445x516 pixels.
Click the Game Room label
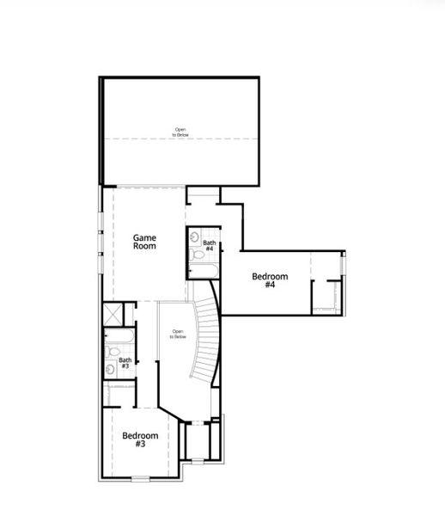pyautogui.click(x=145, y=241)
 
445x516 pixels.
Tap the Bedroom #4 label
pyautogui.click(x=269, y=280)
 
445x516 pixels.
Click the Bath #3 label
pyautogui.click(x=125, y=364)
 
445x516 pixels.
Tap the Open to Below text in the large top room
pyautogui.click(x=180, y=132)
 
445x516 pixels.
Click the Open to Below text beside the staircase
pyautogui.click(x=178, y=335)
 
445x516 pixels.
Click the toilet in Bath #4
pyautogui.click(x=198, y=255)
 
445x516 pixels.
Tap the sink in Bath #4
pyautogui.click(x=196, y=235)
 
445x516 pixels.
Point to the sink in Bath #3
pyautogui.click(x=110, y=370)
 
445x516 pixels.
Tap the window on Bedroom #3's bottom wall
pyautogui.click(x=140, y=477)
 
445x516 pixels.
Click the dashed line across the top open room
pyautogui.click(x=180, y=139)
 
